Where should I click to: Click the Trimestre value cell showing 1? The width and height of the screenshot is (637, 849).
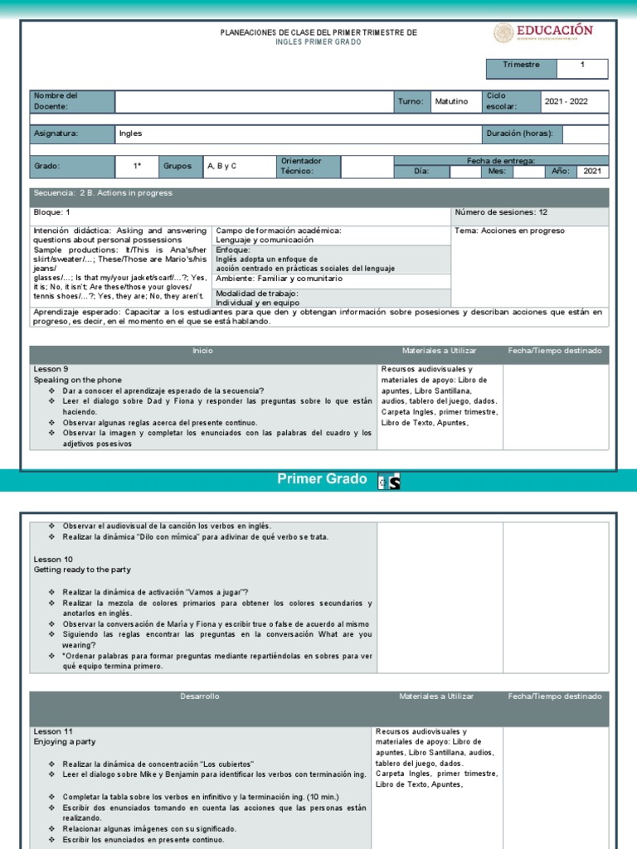pos(581,65)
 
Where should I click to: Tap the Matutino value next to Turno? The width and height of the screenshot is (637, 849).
pos(451,102)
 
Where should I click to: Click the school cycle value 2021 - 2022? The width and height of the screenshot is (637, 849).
pos(574,102)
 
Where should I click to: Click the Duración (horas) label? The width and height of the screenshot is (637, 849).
pos(520,133)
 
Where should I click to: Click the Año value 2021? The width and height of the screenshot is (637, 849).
pos(591,172)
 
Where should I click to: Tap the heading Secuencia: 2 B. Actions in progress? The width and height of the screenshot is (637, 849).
pos(103,193)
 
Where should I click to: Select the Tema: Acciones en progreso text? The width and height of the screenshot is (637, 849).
pos(509,230)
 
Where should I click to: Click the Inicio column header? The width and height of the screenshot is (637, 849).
pos(202,352)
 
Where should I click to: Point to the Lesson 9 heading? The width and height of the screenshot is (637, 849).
pos(51,369)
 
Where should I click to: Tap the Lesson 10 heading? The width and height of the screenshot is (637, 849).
pos(52,560)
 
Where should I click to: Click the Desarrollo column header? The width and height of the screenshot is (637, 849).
pos(200,697)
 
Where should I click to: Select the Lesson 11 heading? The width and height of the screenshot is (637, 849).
pos(52,732)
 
